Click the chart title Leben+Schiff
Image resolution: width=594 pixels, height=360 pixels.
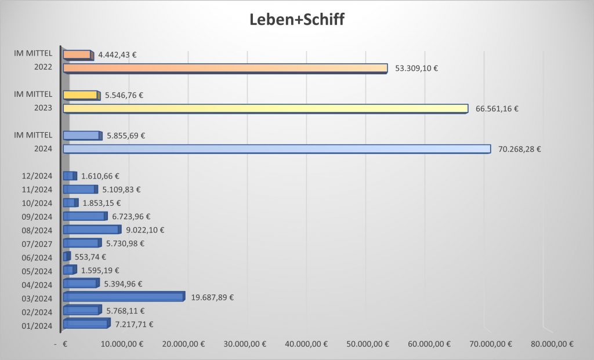[296, 19]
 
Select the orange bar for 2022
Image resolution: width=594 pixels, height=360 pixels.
[225, 68]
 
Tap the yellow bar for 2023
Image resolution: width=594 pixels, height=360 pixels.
[265, 108]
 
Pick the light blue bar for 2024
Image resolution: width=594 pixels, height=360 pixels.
[277, 149]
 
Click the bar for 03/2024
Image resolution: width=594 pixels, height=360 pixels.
[124, 297]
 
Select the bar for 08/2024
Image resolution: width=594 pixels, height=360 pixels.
[91, 230]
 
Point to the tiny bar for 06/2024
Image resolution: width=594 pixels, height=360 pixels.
[66, 256]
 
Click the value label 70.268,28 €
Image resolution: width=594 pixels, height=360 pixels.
[519, 149]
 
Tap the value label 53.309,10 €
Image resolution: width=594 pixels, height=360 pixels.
[416, 68]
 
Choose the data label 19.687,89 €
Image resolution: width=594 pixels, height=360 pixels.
[212, 297]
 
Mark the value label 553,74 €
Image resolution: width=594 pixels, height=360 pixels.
[90, 257]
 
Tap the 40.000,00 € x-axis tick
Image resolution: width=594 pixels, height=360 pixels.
[307, 344]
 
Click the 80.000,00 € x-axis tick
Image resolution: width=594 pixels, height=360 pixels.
[552, 344]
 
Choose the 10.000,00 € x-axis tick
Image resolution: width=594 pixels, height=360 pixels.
[122, 344]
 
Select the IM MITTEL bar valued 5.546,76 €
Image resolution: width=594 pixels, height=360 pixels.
[81, 95]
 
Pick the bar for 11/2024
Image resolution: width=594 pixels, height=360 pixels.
[79, 189]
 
